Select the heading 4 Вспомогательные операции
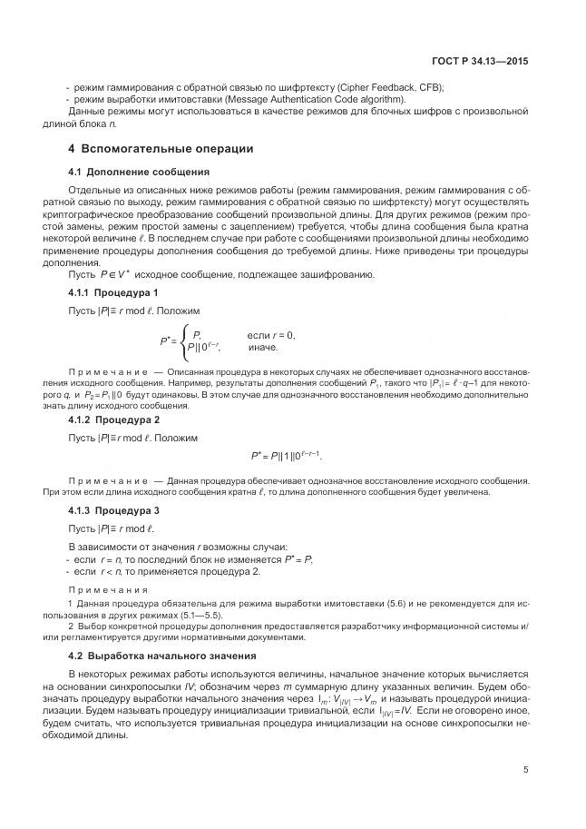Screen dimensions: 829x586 (161, 148)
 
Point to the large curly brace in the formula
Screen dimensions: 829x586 (184, 340)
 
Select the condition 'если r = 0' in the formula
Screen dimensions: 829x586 (271, 335)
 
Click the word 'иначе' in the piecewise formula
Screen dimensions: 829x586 (263, 347)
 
